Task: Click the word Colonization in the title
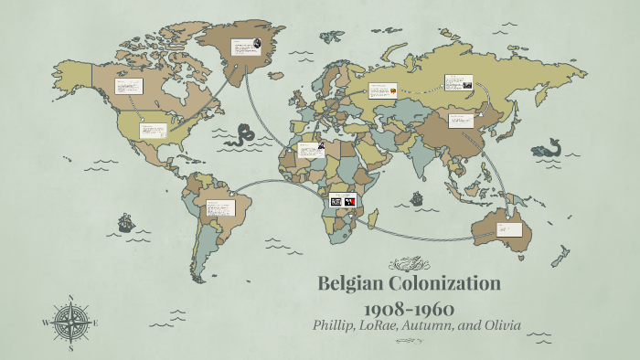click(449, 283)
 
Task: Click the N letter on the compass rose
click(71, 298)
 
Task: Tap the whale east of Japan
click(549, 147)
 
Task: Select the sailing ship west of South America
click(125, 223)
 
